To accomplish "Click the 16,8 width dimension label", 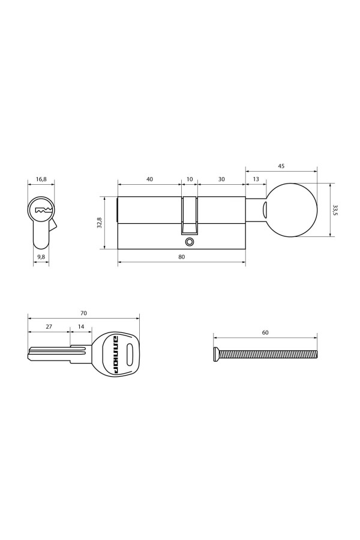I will coord(41,178).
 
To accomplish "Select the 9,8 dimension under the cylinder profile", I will coord(41,256).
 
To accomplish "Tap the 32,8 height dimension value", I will coord(99,223).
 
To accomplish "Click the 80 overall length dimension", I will coord(181,256).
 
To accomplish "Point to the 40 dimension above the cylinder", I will coord(149,179).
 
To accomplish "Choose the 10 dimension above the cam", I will coord(190,179).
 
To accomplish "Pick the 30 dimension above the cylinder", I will coord(221,179).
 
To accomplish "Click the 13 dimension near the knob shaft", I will coord(256,179).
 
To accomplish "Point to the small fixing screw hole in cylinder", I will coord(190,242).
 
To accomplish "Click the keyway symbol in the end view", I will coord(42,210).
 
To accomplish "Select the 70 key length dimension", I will coord(83,313).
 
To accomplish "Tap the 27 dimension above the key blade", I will coord(49,328).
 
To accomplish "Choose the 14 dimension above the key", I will coord(81,328).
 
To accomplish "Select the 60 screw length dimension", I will coord(265,332).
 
